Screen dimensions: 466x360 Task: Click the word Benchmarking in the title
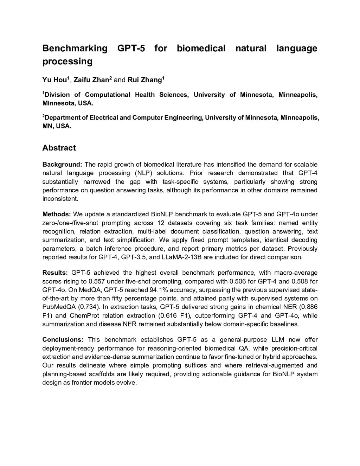(x=75, y=48)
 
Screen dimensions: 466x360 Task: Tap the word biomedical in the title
(x=201, y=48)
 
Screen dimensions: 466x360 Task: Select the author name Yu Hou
(x=54, y=80)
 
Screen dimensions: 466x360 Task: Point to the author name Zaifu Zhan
(x=91, y=80)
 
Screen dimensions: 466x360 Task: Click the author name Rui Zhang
(x=144, y=80)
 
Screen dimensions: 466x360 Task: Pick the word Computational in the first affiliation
(x=107, y=95)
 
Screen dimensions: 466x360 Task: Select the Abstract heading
(x=59, y=148)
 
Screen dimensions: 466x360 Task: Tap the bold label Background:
(x=62, y=165)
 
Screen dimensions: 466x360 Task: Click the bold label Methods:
(x=57, y=214)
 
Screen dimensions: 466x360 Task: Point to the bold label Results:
(x=55, y=273)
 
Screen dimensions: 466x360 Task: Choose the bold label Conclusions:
(x=63, y=340)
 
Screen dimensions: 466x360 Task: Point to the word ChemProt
(x=83, y=315)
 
